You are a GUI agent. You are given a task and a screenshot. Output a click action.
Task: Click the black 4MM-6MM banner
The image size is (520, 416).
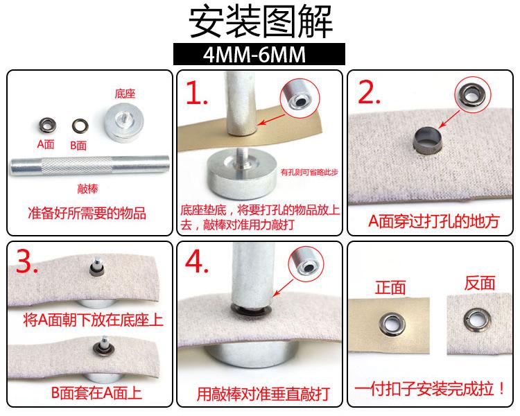(x=259, y=54)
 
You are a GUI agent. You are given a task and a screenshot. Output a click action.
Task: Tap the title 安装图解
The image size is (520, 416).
(x=261, y=22)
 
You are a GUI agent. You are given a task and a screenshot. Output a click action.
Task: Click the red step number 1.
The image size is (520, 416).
(x=197, y=93)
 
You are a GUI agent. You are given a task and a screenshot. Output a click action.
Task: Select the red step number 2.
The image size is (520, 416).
(x=369, y=92)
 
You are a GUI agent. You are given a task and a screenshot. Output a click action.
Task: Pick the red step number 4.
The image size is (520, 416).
(x=197, y=261)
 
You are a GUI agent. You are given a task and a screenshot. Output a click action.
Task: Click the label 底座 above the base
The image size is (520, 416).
(x=125, y=94)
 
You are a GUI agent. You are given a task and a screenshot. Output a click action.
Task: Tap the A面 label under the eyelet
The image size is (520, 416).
(x=46, y=144)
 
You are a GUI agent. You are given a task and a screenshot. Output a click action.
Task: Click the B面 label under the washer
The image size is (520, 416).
(x=78, y=146)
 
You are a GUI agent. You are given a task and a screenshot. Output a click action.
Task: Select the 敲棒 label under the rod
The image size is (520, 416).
(x=87, y=189)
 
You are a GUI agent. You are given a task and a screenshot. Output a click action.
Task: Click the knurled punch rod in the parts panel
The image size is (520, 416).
(x=90, y=165)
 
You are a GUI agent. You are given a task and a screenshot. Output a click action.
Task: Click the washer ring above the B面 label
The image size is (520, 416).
(x=80, y=126)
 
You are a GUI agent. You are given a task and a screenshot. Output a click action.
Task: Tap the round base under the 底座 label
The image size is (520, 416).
(x=124, y=123)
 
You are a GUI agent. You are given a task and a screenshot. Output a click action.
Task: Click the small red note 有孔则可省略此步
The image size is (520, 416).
(x=309, y=172)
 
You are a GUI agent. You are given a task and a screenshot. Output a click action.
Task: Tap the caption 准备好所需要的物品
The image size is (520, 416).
(x=87, y=214)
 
